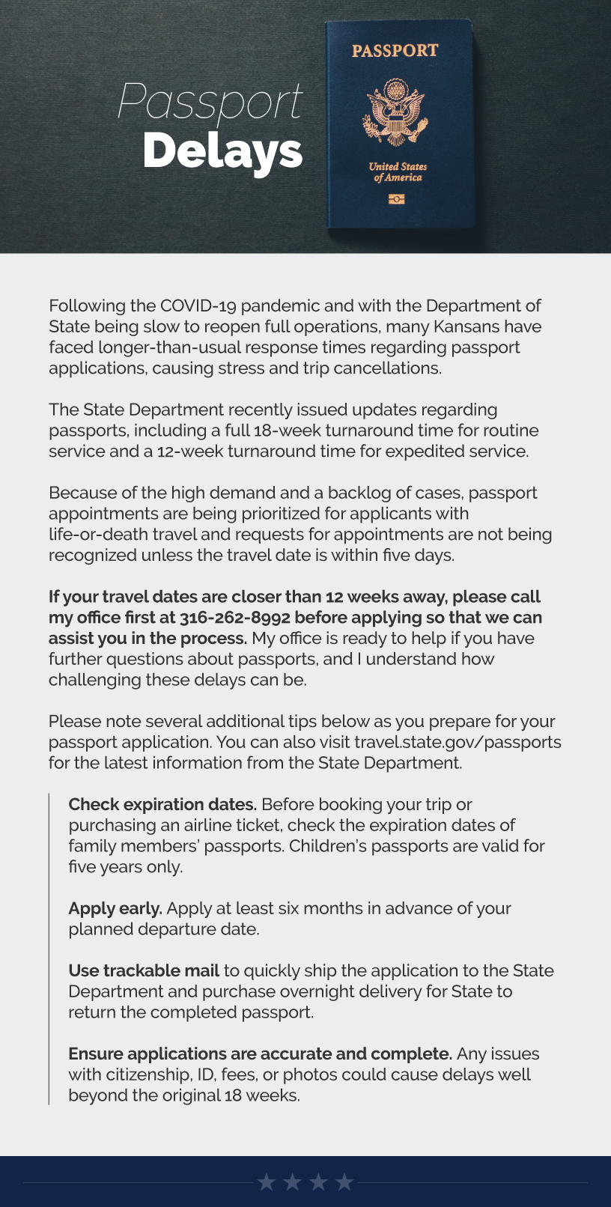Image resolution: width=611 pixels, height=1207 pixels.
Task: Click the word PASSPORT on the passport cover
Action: point(395,51)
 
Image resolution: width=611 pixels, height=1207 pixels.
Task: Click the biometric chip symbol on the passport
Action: point(396,198)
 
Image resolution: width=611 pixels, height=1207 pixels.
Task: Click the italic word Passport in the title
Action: point(210,103)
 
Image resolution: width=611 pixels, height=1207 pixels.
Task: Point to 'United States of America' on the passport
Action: point(398,172)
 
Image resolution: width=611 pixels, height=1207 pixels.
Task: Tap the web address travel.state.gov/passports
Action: point(458,742)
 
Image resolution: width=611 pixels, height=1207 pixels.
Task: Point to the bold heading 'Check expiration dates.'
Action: point(162,804)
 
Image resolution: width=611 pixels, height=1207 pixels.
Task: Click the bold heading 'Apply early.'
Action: point(115,908)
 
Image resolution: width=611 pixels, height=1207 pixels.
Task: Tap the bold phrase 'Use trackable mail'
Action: point(144,970)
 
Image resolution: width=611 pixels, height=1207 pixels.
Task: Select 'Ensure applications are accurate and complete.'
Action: point(260,1054)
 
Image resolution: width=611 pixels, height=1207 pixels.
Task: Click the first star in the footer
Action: point(266,1182)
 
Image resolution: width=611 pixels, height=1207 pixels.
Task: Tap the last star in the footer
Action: point(344,1182)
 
